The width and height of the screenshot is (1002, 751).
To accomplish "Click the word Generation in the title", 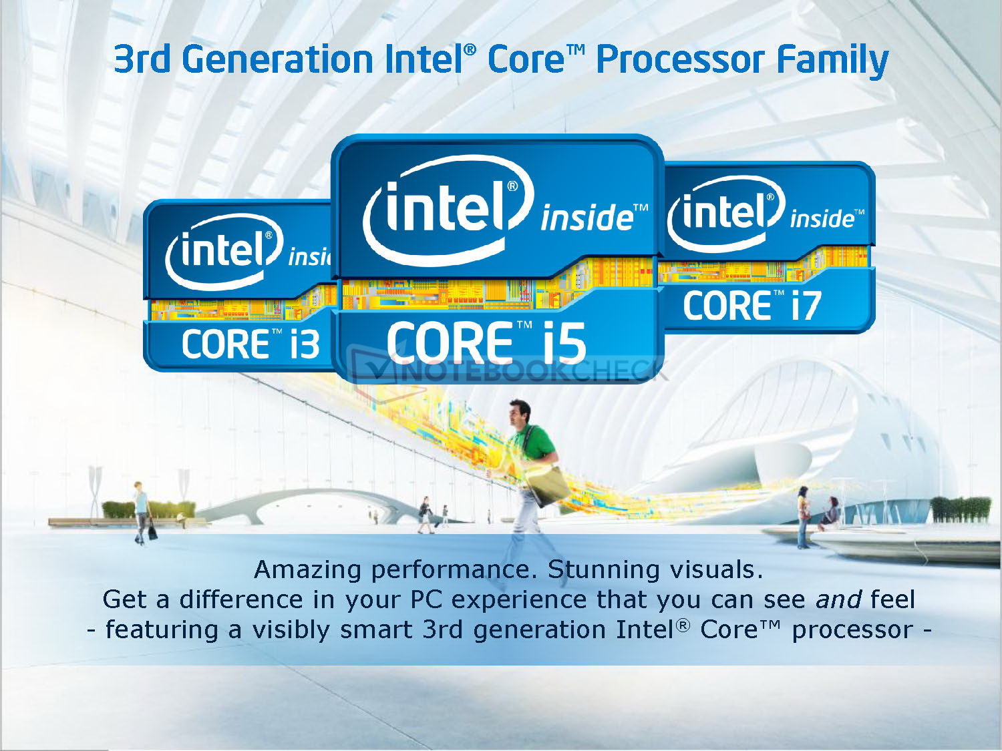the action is click(x=279, y=59).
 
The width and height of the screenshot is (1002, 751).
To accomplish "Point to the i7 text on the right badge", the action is click(x=806, y=305).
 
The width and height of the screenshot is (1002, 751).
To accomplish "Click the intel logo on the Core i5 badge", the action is click(x=448, y=210).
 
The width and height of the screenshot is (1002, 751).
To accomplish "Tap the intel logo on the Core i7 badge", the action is click(x=726, y=212).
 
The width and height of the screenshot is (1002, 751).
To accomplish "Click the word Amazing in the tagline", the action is click(x=308, y=571).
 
